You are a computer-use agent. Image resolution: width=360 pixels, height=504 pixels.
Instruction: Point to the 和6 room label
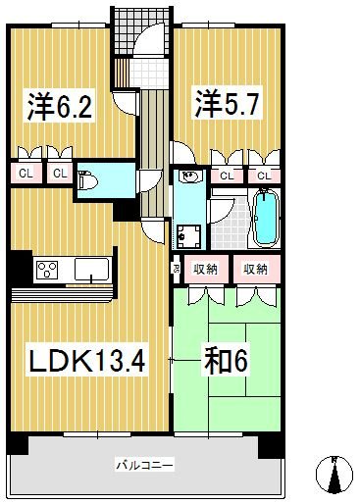tap(225, 361)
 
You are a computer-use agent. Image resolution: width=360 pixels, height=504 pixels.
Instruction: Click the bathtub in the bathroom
tap(264, 218)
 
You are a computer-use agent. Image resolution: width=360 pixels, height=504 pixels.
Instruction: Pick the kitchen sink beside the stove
tap(91, 269)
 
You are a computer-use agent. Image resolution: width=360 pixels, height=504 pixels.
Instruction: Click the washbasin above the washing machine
tap(189, 177)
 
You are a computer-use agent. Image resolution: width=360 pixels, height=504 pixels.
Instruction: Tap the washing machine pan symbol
tap(188, 235)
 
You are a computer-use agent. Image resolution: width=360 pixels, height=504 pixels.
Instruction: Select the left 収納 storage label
tap(205, 269)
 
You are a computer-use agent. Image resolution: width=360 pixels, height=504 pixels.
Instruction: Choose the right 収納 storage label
tap(255, 269)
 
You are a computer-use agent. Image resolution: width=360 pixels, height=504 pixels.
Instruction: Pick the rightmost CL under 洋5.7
tap(264, 176)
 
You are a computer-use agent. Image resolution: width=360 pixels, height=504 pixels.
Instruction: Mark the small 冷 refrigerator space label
tap(177, 269)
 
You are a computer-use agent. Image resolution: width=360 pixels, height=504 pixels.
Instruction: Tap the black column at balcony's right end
tap(271, 444)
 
